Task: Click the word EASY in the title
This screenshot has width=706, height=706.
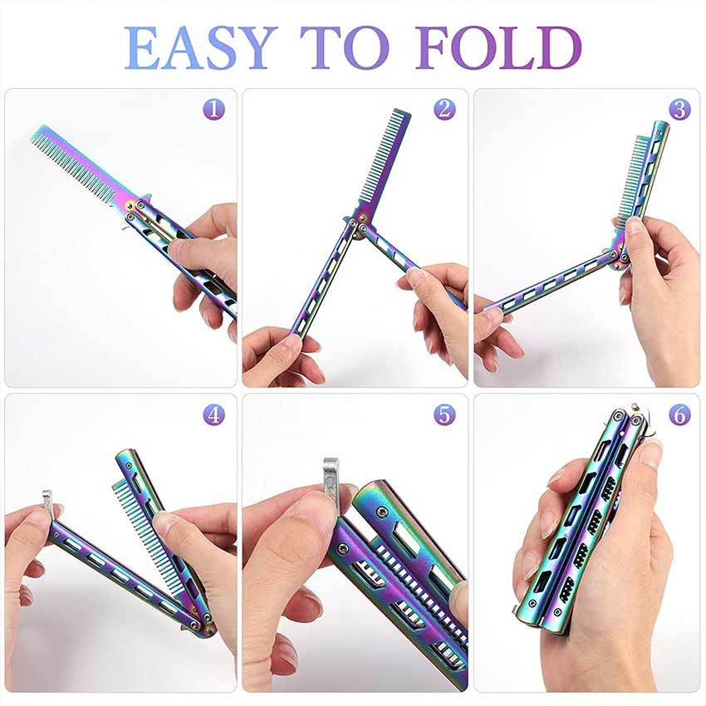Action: pyautogui.click(x=200, y=47)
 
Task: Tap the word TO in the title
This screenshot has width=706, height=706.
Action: pyautogui.click(x=345, y=47)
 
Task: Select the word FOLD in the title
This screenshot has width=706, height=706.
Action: pyautogui.click(x=498, y=47)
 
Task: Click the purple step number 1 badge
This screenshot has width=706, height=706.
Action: pyautogui.click(x=213, y=110)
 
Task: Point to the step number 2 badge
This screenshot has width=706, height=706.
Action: pyautogui.click(x=445, y=110)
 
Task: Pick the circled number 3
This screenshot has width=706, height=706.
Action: pyautogui.click(x=679, y=110)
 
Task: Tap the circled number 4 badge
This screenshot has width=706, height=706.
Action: pyautogui.click(x=213, y=414)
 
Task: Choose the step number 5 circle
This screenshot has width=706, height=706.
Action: pyautogui.click(x=445, y=414)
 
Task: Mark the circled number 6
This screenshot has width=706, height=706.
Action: pyautogui.click(x=679, y=414)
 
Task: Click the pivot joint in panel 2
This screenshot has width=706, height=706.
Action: pyautogui.click(x=360, y=225)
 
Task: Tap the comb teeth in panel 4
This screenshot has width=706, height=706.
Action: pyautogui.click(x=144, y=527)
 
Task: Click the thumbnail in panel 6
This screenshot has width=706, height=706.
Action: pyautogui.click(x=650, y=455)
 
